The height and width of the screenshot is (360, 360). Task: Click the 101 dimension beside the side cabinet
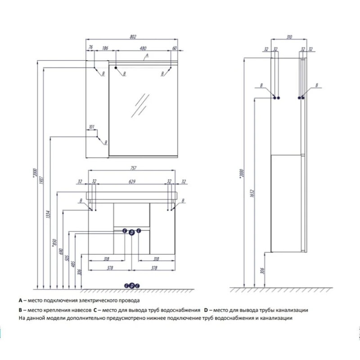pos(92,127)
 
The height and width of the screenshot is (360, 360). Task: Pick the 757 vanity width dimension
pos(133,168)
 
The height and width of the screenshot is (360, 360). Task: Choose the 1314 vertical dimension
pos(48,216)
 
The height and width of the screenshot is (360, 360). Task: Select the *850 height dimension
pos(54,243)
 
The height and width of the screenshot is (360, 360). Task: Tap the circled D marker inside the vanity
pos(132,232)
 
